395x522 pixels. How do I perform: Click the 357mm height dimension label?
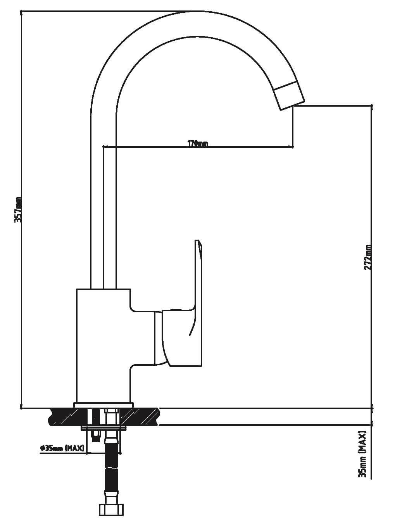tap(18, 209)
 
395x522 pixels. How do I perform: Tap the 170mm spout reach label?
tap(198, 143)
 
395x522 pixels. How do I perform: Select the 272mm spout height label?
tap(367, 257)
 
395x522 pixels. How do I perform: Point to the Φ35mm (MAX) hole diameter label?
tap(62, 448)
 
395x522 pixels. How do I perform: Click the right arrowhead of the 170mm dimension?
tap(291, 147)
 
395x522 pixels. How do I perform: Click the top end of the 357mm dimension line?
tap(21, 11)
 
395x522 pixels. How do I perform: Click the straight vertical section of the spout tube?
tap(103, 202)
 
